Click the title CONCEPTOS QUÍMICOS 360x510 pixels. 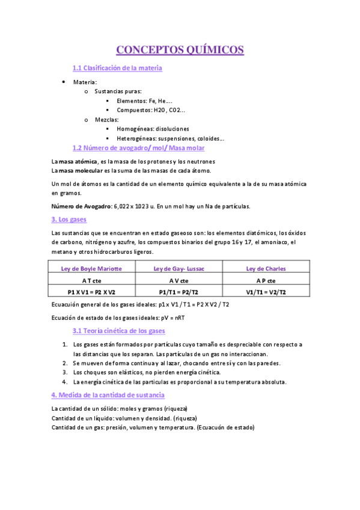180,49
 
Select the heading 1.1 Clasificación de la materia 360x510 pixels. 117,69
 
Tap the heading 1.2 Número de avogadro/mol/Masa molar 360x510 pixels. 138,147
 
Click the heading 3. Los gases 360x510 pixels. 69,220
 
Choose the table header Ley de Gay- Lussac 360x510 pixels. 178,269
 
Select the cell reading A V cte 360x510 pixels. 178,280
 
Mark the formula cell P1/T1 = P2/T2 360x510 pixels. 178,292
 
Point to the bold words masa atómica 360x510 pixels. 77,162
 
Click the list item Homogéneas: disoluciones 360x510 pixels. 153,129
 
